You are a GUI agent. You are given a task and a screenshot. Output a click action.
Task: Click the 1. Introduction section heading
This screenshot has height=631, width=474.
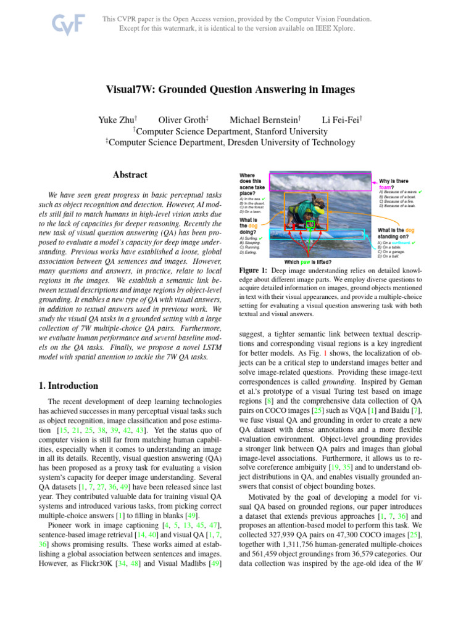click(68, 386)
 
